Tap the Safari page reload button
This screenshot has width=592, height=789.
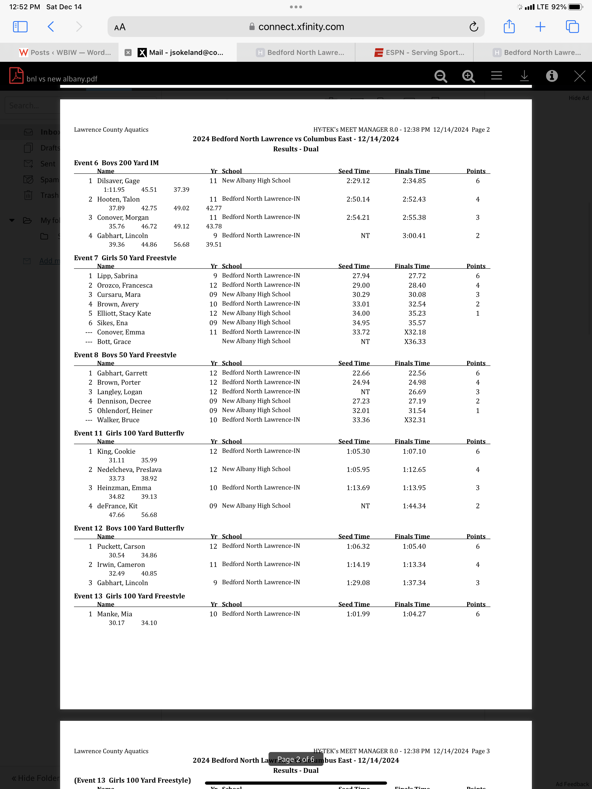coord(473,27)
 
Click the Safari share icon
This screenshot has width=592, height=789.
coord(509,27)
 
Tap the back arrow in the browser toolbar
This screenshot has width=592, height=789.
coord(51,27)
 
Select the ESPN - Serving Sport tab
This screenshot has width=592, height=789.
coord(419,53)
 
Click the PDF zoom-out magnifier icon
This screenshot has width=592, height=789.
coord(441,76)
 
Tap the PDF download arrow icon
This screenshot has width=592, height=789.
coord(524,76)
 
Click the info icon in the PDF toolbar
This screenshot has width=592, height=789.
coord(552,76)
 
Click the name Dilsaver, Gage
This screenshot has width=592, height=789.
coord(118,181)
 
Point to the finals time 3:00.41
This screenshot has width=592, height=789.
coord(414,236)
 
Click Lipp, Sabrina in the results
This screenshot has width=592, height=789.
coord(117,276)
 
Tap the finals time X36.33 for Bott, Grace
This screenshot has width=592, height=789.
coord(415,342)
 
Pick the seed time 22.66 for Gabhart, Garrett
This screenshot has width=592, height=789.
coord(361,373)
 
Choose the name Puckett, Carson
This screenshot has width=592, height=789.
coord(121,546)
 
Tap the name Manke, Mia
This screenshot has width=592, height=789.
coord(115,614)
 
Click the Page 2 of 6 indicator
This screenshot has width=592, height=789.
coord(296,759)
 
